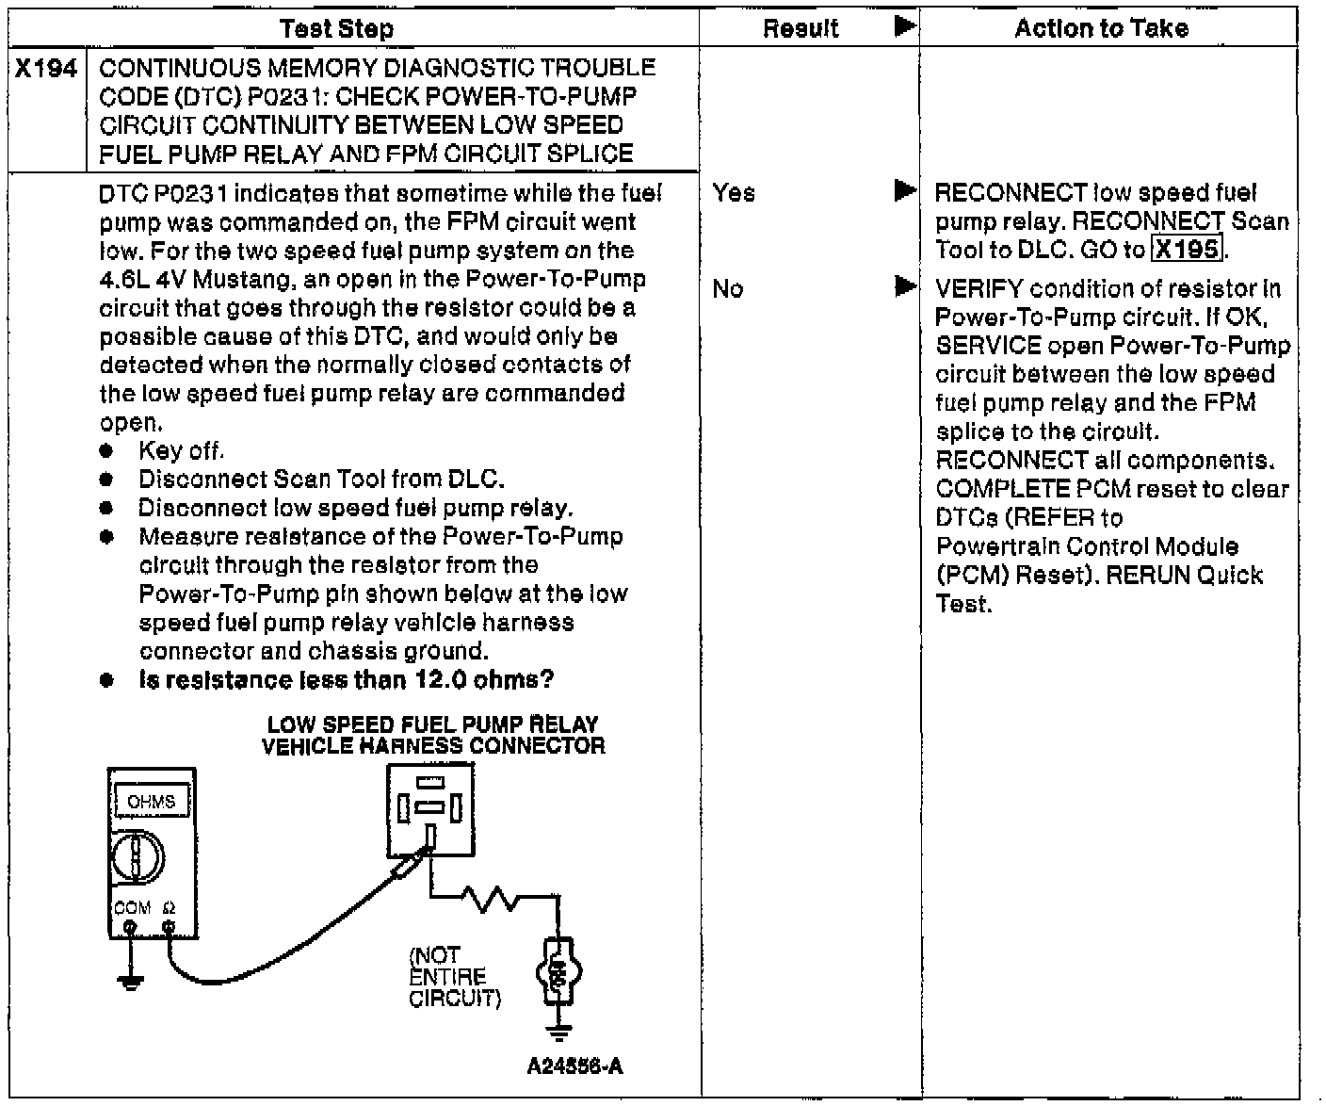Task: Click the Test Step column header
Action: [337, 29]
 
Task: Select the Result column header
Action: [800, 29]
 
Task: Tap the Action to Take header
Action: [1101, 29]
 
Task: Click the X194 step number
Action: [47, 69]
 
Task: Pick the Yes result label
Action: [734, 193]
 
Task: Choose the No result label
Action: [728, 289]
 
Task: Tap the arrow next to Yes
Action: [905, 192]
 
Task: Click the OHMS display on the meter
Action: [151, 802]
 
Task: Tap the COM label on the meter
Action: [132, 908]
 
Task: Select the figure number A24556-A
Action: [575, 1066]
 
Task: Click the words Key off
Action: [181, 451]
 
